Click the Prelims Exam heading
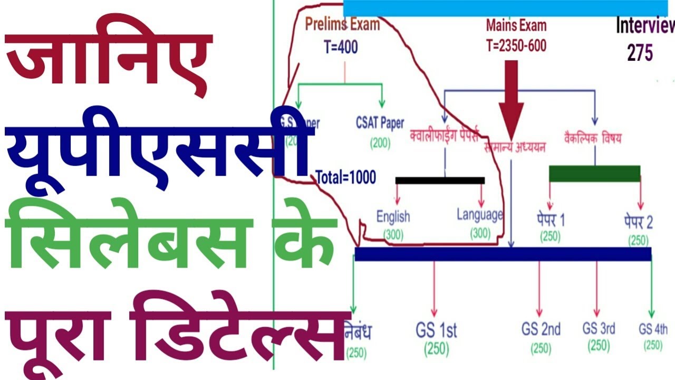[342, 25]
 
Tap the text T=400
[341, 47]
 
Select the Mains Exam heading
[516, 25]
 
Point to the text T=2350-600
[516, 46]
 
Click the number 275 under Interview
[640, 53]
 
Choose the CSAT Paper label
[380, 123]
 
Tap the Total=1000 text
[346, 177]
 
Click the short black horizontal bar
[440, 180]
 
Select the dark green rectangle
[595, 174]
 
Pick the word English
[393, 216]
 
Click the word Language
[480, 215]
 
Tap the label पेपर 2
[638, 222]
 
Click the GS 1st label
[436, 331]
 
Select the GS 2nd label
[541, 330]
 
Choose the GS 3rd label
[599, 328]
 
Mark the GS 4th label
[653, 329]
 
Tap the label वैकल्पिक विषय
[592, 138]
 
